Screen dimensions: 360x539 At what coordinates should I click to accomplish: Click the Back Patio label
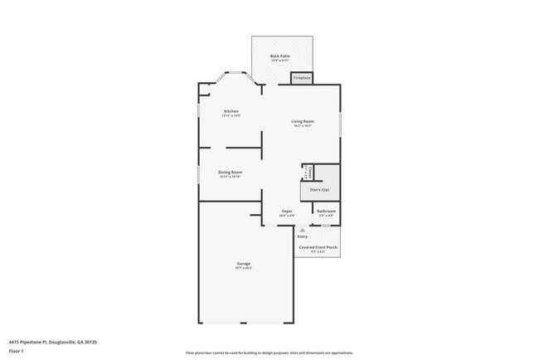click(279, 56)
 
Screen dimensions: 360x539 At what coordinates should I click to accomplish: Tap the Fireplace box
click(301, 78)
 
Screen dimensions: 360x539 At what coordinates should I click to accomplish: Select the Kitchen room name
click(231, 111)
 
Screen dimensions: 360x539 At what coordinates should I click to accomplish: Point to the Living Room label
click(301, 122)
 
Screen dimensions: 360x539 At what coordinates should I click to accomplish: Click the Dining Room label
click(230, 172)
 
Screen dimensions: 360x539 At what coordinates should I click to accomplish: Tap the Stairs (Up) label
click(320, 190)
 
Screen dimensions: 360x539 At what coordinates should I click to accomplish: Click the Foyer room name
click(286, 212)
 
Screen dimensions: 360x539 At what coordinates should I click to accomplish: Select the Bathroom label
click(326, 212)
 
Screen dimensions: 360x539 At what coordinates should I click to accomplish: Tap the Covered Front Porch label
click(318, 247)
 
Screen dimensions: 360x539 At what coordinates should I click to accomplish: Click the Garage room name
click(244, 264)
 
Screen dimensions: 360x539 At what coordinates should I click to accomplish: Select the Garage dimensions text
click(244, 269)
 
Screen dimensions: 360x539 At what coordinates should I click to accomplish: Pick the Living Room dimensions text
click(301, 127)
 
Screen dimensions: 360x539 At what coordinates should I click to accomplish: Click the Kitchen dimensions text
click(231, 116)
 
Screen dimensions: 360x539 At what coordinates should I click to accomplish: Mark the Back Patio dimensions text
click(279, 61)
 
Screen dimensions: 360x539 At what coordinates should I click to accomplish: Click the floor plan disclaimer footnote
click(269, 353)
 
